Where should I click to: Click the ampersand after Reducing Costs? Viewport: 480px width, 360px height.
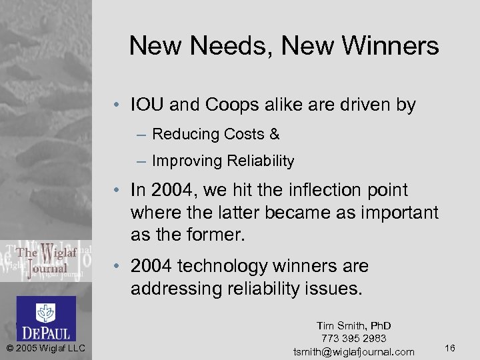point(275,134)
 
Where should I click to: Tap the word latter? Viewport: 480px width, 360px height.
point(260,213)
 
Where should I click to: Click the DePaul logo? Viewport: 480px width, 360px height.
point(46,318)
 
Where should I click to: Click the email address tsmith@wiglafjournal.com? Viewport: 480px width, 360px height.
point(353,351)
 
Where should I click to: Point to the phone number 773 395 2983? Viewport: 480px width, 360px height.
point(353,339)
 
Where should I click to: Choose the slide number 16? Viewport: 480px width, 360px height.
point(449,347)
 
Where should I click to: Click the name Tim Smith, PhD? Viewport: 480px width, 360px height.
point(353,325)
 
